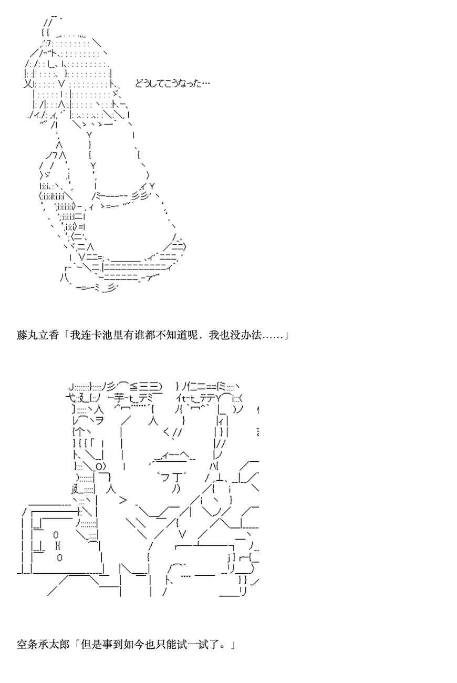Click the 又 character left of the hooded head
point(28,83)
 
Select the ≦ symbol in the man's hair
point(133,386)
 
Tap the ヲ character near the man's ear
point(98,420)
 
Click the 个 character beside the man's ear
point(79,432)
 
